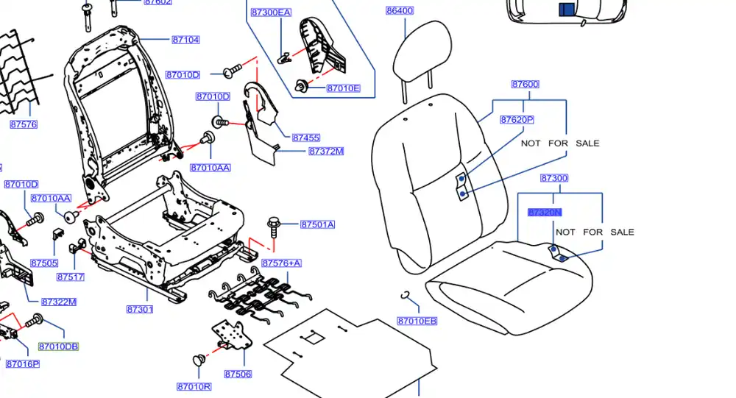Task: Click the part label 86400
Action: coord(400,11)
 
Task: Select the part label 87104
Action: coord(185,40)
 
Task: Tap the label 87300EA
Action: coord(271,13)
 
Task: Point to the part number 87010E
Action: coord(343,89)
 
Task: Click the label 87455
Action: coord(305,138)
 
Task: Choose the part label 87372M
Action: coord(326,152)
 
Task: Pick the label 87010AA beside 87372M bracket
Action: coord(210,168)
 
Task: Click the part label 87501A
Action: coord(317,224)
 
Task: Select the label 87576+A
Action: coord(281,263)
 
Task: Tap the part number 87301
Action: coord(139,309)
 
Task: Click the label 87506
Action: coord(238,374)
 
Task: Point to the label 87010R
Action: coord(194,387)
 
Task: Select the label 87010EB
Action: coord(417,321)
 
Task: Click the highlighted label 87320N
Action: coord(545,213)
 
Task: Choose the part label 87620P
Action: coord(517,120)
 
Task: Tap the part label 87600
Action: coord(525,85)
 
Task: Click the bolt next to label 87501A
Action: coord(274,224)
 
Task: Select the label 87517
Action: coord(71,277)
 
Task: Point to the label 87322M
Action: coord(59,302)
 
